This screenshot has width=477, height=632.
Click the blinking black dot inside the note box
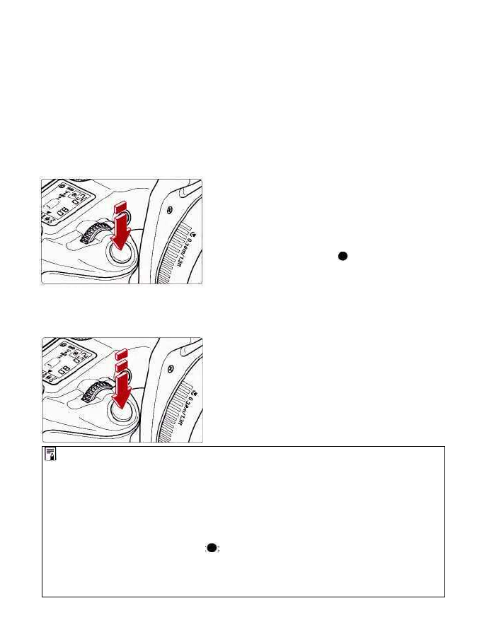212,549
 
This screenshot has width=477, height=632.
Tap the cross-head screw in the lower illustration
171,369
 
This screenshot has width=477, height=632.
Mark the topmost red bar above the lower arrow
121,351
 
